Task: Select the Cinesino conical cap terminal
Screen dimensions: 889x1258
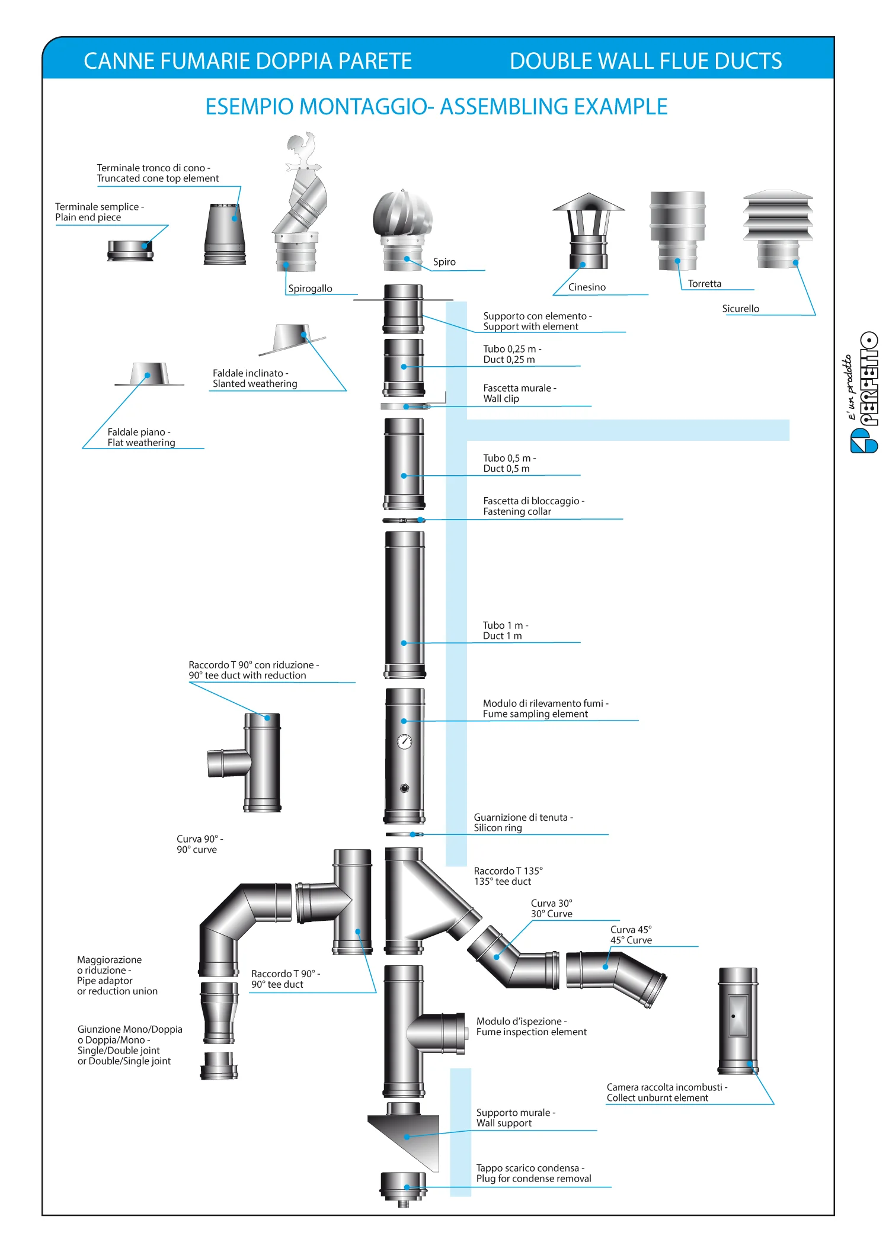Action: pyautogui.click(x=589, y=231)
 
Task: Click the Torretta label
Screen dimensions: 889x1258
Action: pyautogui.click(x=705, y=284)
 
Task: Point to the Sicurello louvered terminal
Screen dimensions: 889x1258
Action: pyautogui.click(x=778, y=229)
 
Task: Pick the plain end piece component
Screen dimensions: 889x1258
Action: pyautogui.click(x=130, y=251)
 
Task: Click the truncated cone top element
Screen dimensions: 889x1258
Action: pyautogui.click(x=225, y=234)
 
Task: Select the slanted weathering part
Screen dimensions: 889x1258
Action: pyautogui.click(x=292, y=339)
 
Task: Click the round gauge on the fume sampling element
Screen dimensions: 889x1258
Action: pyautogui.click(x=405, y=741)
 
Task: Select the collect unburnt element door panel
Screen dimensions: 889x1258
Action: pyautogui.click(x=738, y=1015)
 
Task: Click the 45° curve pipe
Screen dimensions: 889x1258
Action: pyautogui.click(x=616, y=978)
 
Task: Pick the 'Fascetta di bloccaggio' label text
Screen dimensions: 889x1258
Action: pyautogui.click(x=533, y=501)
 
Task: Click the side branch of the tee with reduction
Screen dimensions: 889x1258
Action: pyautogui.click(x=226, y=763)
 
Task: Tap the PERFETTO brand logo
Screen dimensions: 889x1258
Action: pyautogui.click(x=864, y=392)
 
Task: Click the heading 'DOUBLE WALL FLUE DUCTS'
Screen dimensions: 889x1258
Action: pyautogui.click(x=645, y=61)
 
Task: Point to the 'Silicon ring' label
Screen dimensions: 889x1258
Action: pyautogui.click(x=498, y=828)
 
